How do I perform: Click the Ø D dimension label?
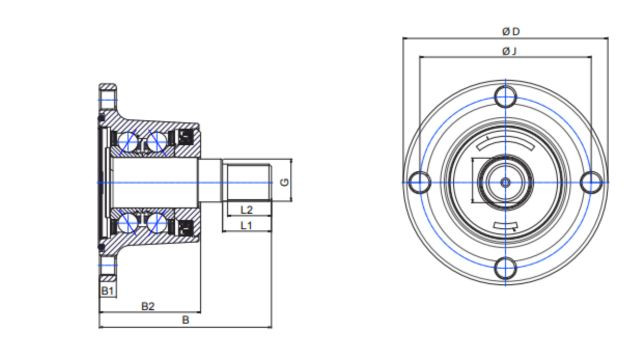511,31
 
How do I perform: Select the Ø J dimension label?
509,51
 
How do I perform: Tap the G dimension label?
284,182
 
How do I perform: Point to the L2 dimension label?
247,210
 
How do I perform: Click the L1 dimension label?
246,225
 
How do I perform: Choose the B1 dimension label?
107,291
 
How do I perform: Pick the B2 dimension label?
148,306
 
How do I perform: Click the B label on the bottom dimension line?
185,320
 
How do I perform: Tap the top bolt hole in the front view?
505,97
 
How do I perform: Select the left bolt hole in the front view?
419,182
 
